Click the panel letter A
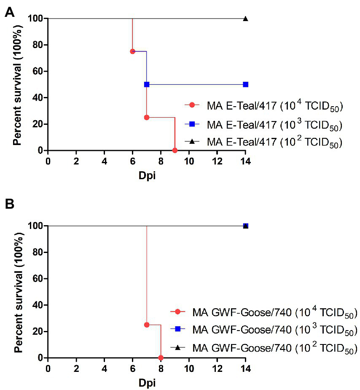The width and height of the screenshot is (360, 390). coord(10,13)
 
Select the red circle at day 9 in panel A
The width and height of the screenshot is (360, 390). coord(175,151)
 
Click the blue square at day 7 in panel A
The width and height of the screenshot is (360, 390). coord(147,84)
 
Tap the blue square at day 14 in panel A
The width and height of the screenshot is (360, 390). coord(245,84)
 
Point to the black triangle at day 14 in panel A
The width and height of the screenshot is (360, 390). coord(245,19)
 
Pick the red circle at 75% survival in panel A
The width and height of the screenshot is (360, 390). coord(132,51)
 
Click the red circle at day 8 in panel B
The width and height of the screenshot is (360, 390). coord(161,358)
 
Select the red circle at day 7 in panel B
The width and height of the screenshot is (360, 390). coord(147,325)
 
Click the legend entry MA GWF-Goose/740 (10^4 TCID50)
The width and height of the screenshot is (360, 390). coord(263,312)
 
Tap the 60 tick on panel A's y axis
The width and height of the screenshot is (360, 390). coord(37,71)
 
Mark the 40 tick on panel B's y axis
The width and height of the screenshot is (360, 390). coord(37,305)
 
